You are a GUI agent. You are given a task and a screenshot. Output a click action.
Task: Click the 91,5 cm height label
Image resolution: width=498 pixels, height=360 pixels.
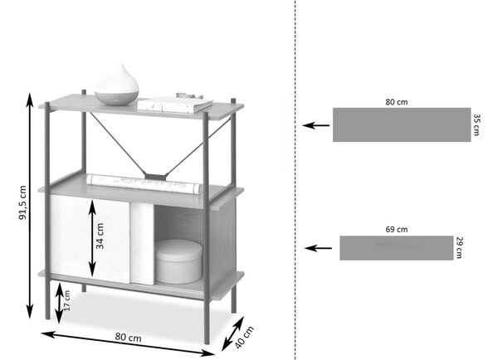pyautogui.click(x=22, y=203)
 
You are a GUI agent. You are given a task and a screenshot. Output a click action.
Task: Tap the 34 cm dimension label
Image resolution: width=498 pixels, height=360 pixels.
pyautogui.click(x=100, y=236)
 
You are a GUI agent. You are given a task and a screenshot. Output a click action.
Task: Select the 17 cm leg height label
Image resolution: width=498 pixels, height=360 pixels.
pyautogui.click(x=66, y=300)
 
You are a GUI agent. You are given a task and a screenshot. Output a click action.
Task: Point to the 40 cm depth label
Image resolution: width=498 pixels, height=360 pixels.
pyautogui.click(x=245, y=337)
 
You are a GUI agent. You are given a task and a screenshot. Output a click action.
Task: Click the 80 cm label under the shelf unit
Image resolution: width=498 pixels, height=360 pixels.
pyautogui.click(x=128, y=337)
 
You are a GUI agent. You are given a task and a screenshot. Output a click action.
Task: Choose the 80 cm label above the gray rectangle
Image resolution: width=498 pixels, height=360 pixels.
pyautogui.click(x=397, y=102)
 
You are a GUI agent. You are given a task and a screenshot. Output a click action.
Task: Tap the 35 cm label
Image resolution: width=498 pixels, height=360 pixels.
pyautogui.click(x=476, y=124)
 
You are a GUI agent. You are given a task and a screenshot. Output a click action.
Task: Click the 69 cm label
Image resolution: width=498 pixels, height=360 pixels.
pyautogui.click(x=397, y=229)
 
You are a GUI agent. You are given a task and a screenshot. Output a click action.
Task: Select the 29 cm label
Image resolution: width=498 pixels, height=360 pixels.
pyautogui.click(x=459, y=248)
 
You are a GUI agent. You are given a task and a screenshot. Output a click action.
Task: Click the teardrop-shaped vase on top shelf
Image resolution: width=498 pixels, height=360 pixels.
pyautogui.click(x=117, y=85)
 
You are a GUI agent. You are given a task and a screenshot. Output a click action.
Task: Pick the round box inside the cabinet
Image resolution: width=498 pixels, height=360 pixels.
pyautogui.click(x=178, y=261)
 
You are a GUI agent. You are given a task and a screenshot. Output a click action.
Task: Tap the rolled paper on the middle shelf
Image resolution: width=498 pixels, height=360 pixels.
pyautogui.click(x=144, y=183)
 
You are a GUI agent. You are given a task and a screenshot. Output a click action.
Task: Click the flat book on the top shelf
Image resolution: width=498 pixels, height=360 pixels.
pyautogui.click(x=175, y=105)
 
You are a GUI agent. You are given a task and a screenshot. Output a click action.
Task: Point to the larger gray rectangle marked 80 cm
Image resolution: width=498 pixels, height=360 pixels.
pyautogui.click(x=402, y=124)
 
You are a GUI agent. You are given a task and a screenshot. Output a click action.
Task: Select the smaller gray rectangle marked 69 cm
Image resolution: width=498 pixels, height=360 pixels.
pyautogui.click(x=397, y=248)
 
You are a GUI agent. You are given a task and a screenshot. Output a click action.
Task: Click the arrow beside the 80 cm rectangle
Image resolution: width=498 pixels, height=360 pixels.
pyautogui.click(x=316, y=125)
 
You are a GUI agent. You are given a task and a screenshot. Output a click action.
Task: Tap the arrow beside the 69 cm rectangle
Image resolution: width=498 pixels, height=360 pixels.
pyautogui.click(x=318, y=248)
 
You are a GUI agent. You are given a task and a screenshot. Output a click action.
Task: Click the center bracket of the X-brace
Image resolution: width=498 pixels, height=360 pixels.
pyautogui.click(x=155, y=176)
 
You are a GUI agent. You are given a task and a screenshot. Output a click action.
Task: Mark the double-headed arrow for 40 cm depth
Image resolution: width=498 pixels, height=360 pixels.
pyautogui.click(x=232, y=333)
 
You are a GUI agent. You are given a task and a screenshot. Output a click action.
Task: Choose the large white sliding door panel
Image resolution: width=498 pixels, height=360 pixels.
pyautogui.click(x=90, y=239)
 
